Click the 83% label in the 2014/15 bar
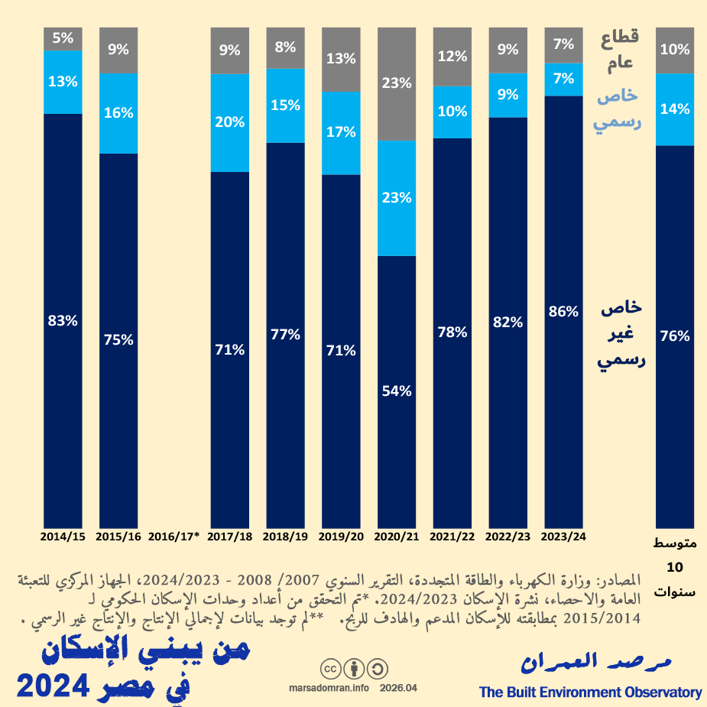click(x=63, y=321)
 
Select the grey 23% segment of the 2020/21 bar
click(x=397, y=84)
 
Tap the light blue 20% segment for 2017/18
click(x=230, y=122)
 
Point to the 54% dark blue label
click(x=397, y=391)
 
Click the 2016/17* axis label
click(x=174, y=537)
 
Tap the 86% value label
click(x=564, y=311)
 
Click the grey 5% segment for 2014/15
click(x=63, y=38)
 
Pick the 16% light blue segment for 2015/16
click(x=118, y=112)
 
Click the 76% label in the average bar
click(x=675, y=336)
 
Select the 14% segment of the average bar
click(x=675, y=109)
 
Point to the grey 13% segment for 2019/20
click(x=341, y=59)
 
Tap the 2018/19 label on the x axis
click(x=285, y=537)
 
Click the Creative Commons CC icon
click(x=331, y=669)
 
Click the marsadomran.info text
click(x=329, y=688)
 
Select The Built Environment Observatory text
click(x=590, y=692)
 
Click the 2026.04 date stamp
click(x=398, y=688)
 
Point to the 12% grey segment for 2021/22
click(x=452, y=56)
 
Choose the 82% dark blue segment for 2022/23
click(x=508, y=322)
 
